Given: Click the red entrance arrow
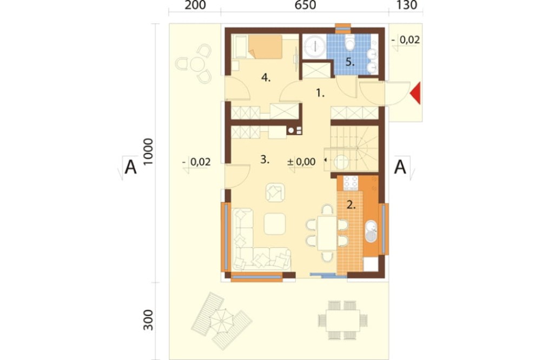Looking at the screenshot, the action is pyautogui.click(x=415, y=93).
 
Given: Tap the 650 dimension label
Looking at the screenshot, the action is pyautogui.click(x=305, y=5).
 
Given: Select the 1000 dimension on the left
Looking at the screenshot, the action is pyautogui.click(x=148, y=151).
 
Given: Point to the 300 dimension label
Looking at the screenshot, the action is pyautogui.click(x=148, y=319).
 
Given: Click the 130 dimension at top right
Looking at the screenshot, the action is pyautogui.click(x=407, y=5).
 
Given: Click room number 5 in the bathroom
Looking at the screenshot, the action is pyautogui.click(x=350, y=62).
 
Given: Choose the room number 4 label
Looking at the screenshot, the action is pyautogui.click(x=266, y=78).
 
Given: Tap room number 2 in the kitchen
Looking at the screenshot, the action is pyautogui.click(x=351, y=205).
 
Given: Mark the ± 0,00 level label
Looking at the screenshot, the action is pyautogui.click(x=301, y=162).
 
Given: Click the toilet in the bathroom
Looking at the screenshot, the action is pyautogui.click(x=350, y=43).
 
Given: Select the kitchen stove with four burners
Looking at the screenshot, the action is pyautogui.click(x=351, y=183).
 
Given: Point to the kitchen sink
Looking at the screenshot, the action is pyautogui.click(x=371, y=231).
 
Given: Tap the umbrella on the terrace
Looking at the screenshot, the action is pyautogui.click(x=221, y=321).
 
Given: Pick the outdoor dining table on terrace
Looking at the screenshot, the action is pyautogui.click(x=343, y=321).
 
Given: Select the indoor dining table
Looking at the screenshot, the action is pyautogui.click(x=327, y=233).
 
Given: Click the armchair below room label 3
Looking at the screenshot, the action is pyautogui.click(x=275, y=192).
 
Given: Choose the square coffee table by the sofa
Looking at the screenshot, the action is pyautogui.click(x=275, y=224).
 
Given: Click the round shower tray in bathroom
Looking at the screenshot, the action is pyautogui.click(x=315, y=45).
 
